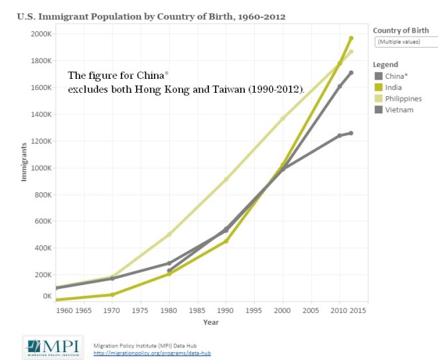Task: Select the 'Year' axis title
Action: click(x=211, y=323)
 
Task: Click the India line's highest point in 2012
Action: click(x=351, y=38)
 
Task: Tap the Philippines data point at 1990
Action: click(x=226, y=180)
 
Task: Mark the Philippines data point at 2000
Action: click(x=283, y=119)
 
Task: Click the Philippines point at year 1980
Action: click(x=169, y=234)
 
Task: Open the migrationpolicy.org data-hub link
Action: click(x=152, y=353)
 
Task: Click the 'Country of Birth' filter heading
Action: click(x=400, y=30)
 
